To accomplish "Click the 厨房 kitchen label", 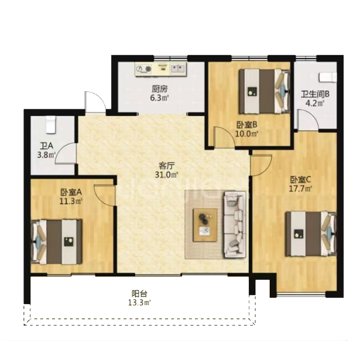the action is coord(160,89).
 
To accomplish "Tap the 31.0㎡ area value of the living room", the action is coord(166,175).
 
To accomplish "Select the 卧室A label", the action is coord(71,192).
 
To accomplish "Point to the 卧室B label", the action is coord(247,125).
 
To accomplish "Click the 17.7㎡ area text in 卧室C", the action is coord(300,189).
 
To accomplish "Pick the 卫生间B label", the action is coord(315,94).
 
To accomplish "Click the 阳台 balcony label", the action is coord(139,293).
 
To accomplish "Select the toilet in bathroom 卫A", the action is coord(51,125).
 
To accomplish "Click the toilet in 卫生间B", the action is coord(328,77).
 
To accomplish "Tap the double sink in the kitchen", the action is coord(178,68).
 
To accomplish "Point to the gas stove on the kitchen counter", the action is coord(144,69).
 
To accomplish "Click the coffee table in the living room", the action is coord(205,225).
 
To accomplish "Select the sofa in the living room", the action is coord(234,225).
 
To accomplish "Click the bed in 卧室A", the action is coord(57,242).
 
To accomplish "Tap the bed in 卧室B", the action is coord(264,91).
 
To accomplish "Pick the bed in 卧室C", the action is coord(310,234).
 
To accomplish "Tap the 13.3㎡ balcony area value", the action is coord(139,302).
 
